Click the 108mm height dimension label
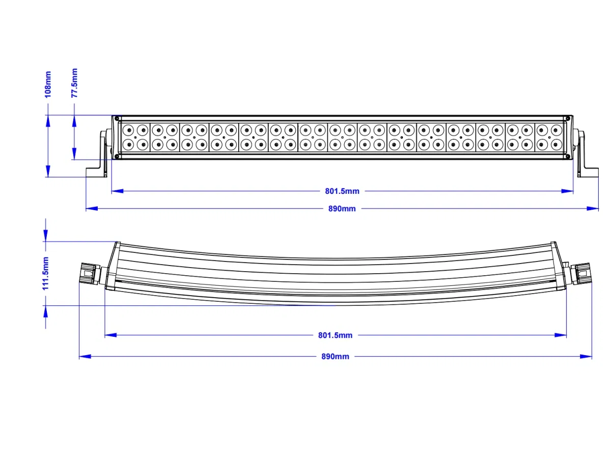(x=48, y=84)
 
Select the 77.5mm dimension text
(x=74, y=82)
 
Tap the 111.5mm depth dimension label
(x=46, y=273)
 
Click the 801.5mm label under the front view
(x=342, y=191)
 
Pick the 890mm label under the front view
(x=342, y=209)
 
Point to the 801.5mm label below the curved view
(x=335, y=335)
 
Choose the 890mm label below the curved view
(x=335, y=357)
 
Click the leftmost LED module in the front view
(x=135, y=137)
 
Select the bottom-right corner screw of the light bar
(x=565, y=156)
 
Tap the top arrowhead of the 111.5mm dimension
(x=46, y=235)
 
